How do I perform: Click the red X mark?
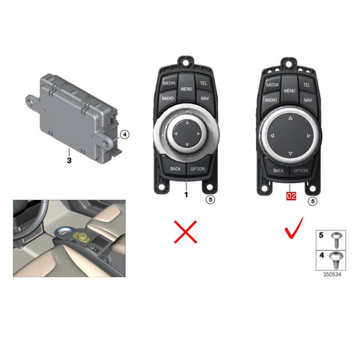point(185,232)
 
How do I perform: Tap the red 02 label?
point(291,196)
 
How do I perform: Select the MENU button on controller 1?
point(186,89)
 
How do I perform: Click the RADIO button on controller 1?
point(168,99)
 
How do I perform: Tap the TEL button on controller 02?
point(306,85)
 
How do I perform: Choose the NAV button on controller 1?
point(204,98)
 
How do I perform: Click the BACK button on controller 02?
point(278,171)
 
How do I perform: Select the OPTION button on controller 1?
point(197,169)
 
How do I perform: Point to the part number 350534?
point(332,274)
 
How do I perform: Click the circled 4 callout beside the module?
point(125,134)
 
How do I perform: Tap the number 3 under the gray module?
point(69,160)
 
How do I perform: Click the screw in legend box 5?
point(336,240)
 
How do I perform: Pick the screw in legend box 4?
point(336,260)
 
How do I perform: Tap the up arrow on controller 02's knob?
point(291,118)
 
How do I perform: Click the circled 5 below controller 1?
point(210,199)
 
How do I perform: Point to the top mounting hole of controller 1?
point(186,62)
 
